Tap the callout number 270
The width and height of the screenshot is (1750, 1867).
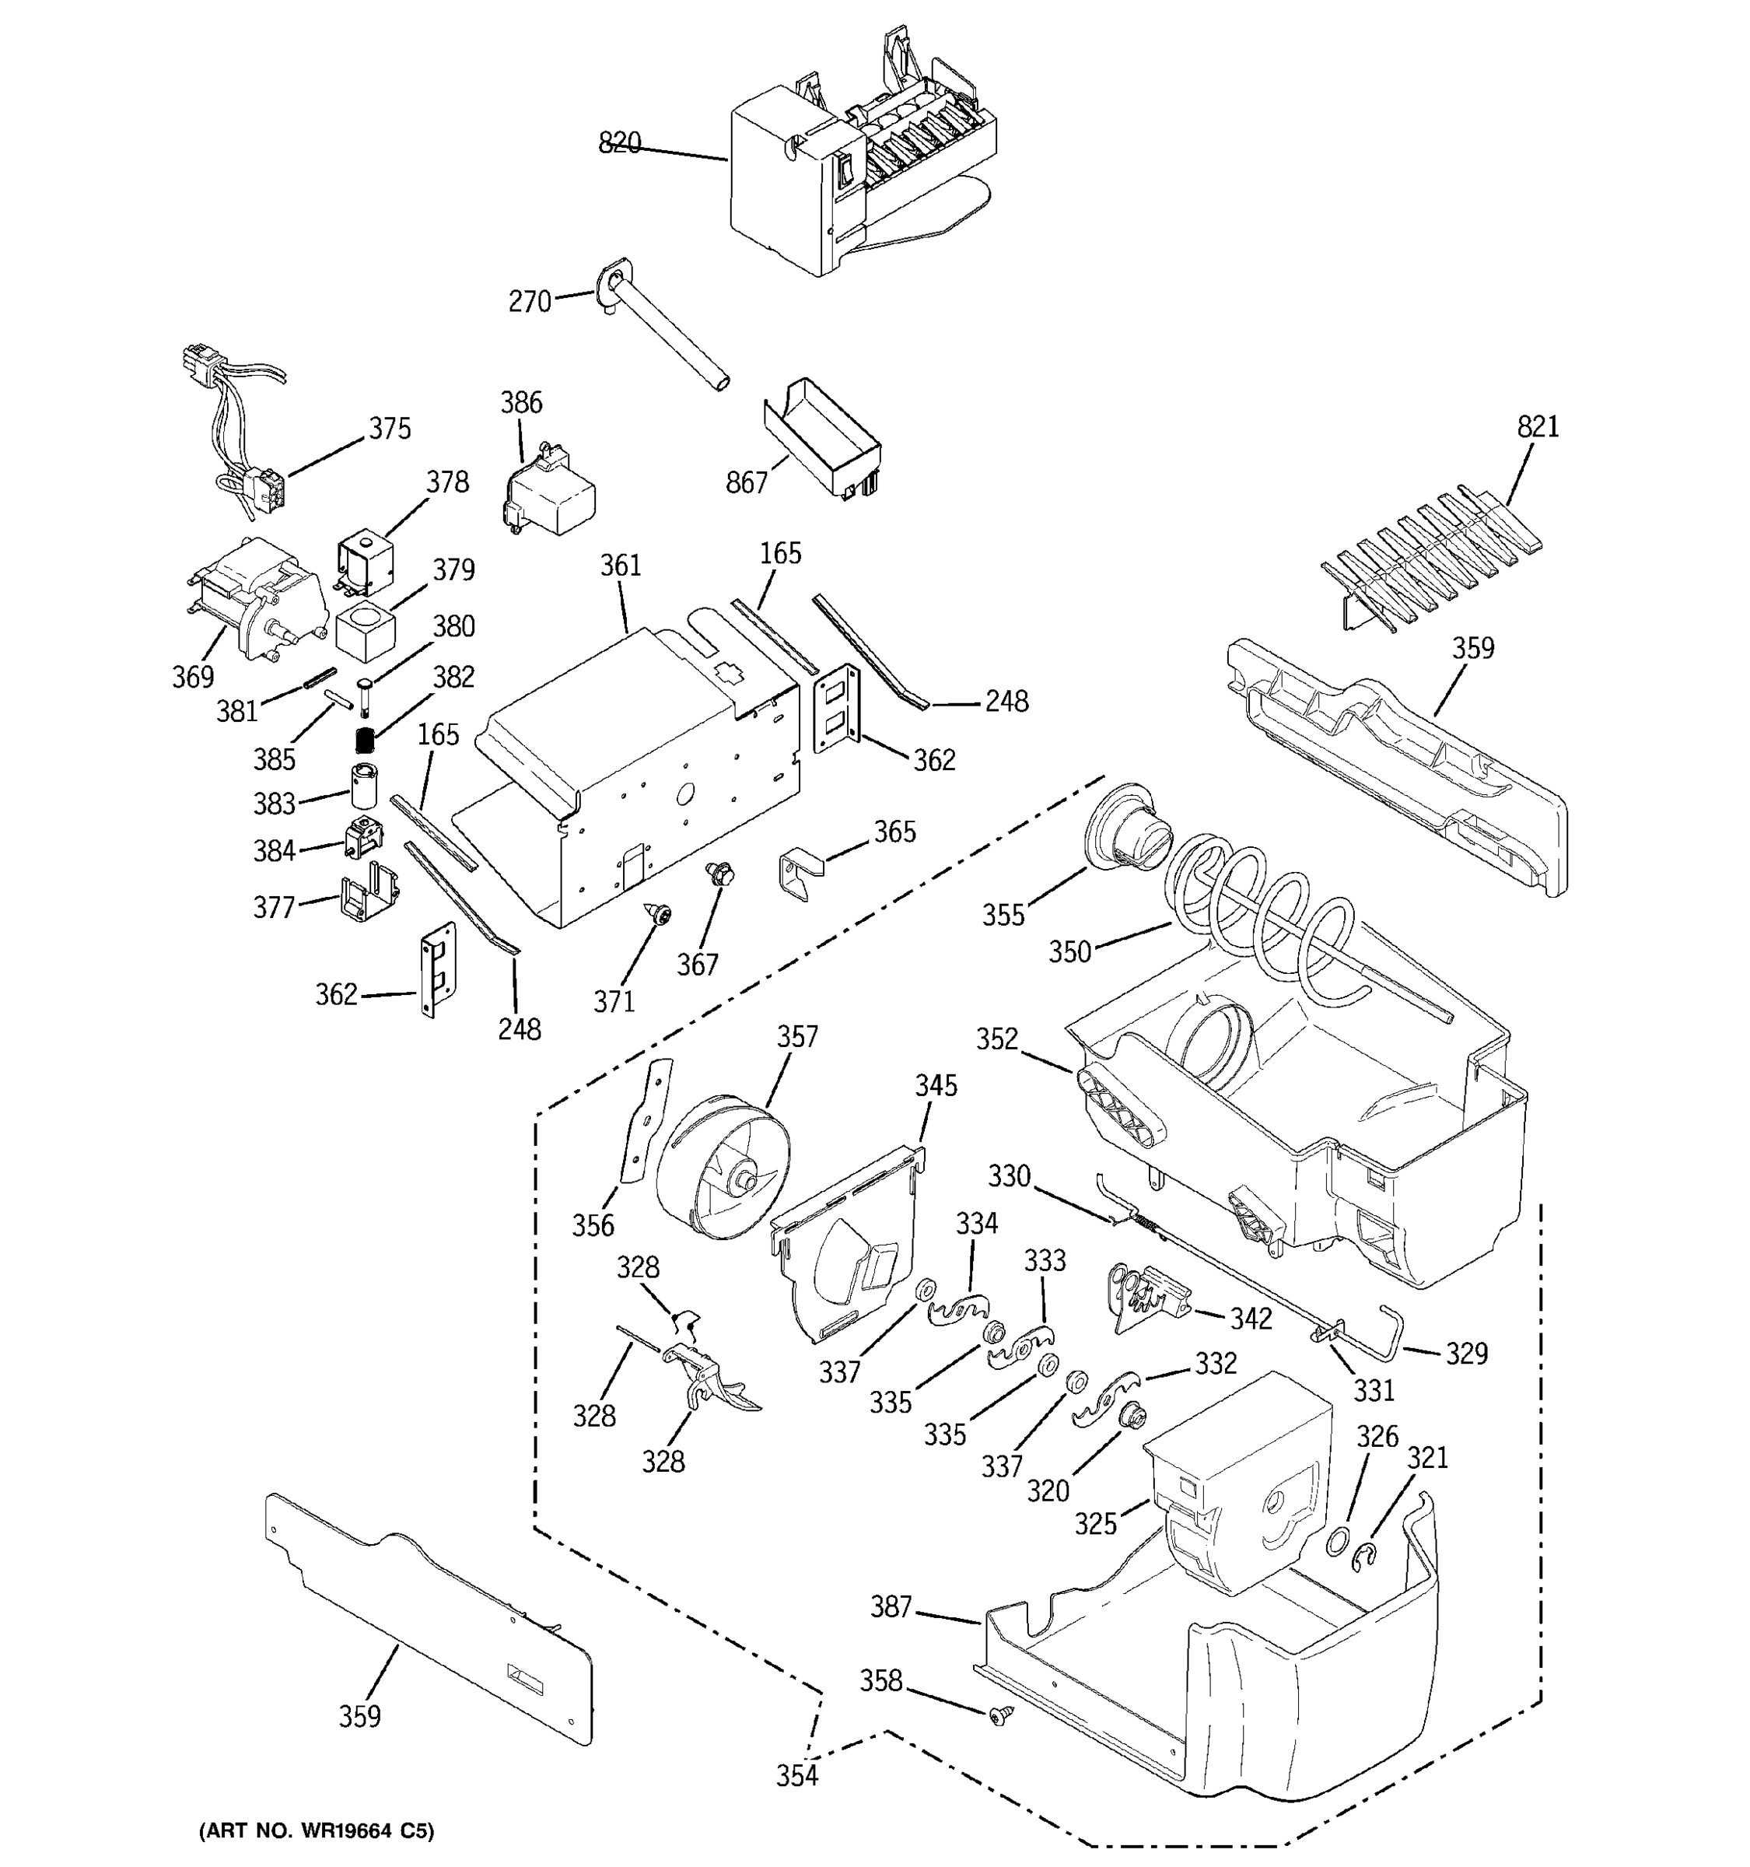(530, 302)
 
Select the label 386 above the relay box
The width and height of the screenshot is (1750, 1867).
(521, 402)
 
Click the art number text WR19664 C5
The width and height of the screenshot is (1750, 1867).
(317, 1830)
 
